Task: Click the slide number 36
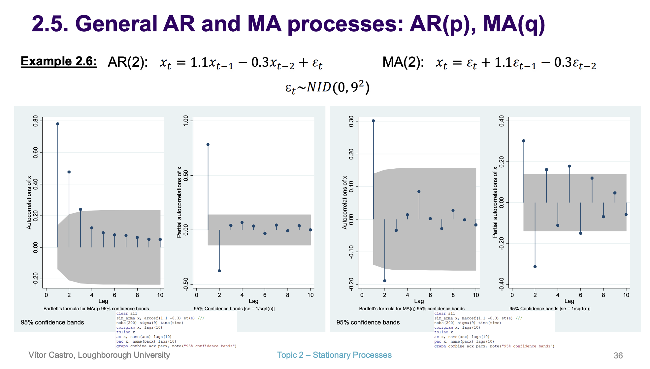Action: [618, 355]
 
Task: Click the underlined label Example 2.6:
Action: [59, 61]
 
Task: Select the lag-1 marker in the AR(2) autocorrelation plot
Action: [57, 124]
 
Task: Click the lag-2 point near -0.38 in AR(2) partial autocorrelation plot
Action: [219, 271]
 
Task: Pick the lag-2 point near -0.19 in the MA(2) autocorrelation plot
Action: [385, 281]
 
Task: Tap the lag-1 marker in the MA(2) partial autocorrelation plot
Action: [524, 141]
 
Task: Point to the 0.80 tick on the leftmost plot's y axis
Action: [36, 121]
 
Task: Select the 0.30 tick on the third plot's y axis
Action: [351, 121]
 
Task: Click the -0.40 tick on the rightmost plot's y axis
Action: [502, 284]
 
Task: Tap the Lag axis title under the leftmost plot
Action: [103, 301]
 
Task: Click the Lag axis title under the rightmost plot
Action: [569, 301]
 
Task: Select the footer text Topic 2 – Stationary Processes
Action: [334, 355]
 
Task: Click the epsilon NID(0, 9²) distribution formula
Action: [327, 87]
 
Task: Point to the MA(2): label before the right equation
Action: [403, 62]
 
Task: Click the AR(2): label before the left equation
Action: [128, 62]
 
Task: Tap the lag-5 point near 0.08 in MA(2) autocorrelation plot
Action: [419, 191]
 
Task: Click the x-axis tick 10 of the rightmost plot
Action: [626, 295]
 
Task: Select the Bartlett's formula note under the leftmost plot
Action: [96, 309]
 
